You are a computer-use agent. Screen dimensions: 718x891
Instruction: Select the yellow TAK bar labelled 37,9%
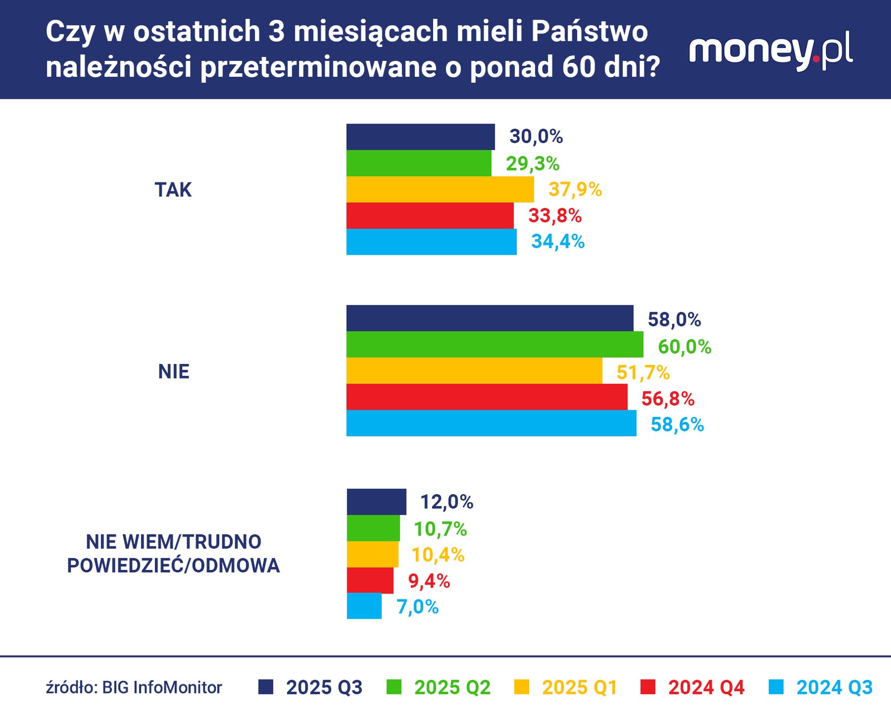pos(440,189)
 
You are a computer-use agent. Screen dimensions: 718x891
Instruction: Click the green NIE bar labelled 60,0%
pos(494,345)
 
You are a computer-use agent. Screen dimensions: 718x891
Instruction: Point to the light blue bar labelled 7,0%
pos(364,606)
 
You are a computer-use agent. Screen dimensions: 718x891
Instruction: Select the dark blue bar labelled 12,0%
pos(376,502)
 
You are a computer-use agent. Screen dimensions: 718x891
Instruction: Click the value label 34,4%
pos(558,242)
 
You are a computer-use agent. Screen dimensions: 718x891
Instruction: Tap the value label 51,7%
pos(643,372)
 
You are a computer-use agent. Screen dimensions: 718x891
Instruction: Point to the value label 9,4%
pos(429,581)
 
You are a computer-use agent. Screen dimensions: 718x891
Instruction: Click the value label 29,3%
pos(533,164)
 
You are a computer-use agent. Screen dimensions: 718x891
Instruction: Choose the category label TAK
pos(173,190)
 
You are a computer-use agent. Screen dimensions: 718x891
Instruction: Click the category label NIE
pos(173,371)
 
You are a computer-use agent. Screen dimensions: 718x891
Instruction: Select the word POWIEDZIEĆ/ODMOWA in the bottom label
pos(173,565)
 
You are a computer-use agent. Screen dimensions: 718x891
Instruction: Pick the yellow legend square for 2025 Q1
pos(521,687)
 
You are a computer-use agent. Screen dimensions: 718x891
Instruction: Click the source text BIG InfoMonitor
pos(162,688)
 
